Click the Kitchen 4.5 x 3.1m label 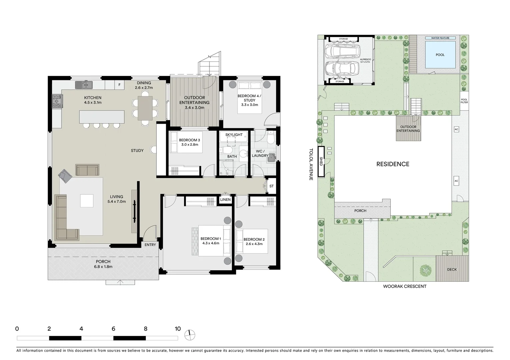coord(93,100)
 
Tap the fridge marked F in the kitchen coord(119,85)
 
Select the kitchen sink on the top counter coord(84,85)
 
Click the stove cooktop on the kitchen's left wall coord(57,101)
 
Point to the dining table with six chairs coord(145,108)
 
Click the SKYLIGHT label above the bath coord(234,135)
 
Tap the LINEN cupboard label coord(225,200)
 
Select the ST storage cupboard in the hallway coord(271,186)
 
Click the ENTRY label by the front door coord(150,245)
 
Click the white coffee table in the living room coord(87,201)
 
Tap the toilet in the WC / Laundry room coord(271,136)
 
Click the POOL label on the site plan coord(440,55)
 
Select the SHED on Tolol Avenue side coord(321,162)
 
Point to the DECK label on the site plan coord(452,269)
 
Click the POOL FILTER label coord(464,101)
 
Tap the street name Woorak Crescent coord(405,286)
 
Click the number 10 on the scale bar coord(177,329)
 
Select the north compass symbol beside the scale coord(190,334)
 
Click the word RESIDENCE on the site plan coord(393,164)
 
